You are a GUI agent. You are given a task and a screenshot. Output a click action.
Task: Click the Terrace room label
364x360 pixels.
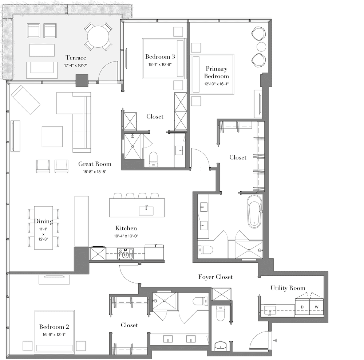pos(76,58)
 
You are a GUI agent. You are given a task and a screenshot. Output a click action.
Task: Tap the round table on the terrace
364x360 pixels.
pos(98,37)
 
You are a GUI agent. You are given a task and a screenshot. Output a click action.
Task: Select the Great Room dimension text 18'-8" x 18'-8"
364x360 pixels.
pos(95,172)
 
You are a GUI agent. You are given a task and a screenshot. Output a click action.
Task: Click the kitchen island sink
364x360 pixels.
pos(146,211)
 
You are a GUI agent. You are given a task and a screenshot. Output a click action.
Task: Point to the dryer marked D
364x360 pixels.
pos(302,307)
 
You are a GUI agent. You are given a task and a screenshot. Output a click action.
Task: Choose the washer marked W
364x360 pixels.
pos(316,307)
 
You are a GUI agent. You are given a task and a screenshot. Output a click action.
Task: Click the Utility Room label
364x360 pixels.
pos(288,288)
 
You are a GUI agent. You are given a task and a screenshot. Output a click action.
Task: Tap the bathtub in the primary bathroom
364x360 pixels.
pos(254,211)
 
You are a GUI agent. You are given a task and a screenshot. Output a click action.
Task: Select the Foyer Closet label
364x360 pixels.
pos(215,277)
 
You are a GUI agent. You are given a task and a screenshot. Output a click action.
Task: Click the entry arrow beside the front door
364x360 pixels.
pos(275,340)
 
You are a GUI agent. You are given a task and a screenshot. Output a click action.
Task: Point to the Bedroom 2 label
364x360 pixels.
pos(54,327)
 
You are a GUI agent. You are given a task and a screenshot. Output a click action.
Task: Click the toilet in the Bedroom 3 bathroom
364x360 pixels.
pos(153,160)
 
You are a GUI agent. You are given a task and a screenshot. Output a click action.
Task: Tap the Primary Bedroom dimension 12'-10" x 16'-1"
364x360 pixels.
pos(216,84)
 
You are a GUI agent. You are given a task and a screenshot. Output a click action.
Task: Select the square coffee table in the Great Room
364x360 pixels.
pos(52,137)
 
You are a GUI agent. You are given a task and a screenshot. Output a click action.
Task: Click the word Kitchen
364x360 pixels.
pos(126,228)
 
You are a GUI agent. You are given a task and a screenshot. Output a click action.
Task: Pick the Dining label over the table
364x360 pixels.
pos(43,221)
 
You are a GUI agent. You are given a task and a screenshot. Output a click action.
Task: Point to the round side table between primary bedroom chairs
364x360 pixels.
pos(261,47)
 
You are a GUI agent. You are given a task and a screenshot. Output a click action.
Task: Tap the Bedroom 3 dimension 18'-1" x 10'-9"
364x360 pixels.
pos(160,64)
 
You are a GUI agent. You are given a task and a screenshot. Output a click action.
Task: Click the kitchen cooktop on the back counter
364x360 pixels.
pos(125,253)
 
